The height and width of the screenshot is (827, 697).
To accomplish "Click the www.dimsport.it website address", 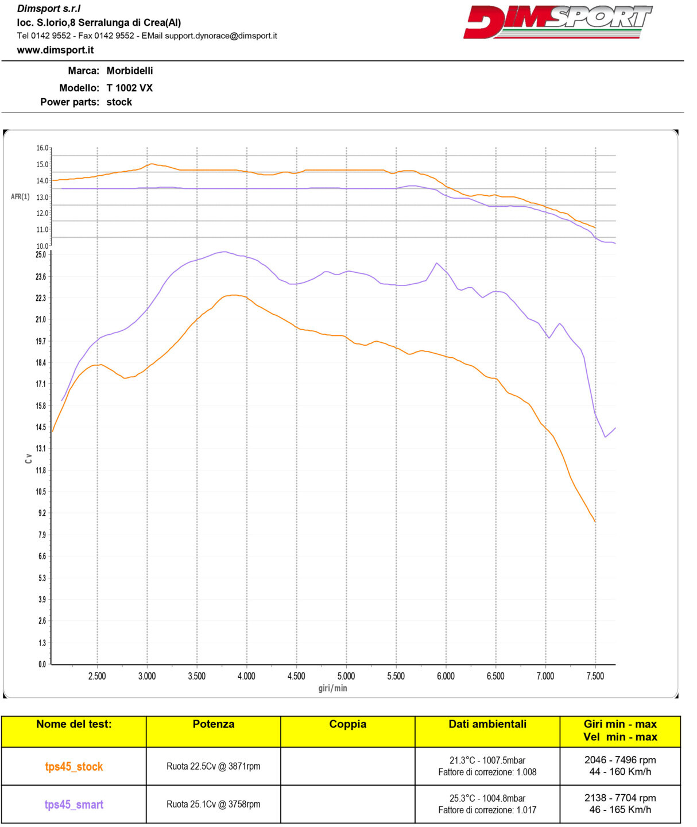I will tap(55, 50).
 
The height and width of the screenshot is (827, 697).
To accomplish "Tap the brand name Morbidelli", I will tap(129, 71).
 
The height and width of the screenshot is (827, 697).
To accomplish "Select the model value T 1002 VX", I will tap(129, 88).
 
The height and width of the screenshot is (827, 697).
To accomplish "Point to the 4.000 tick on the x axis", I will tap(246, 676).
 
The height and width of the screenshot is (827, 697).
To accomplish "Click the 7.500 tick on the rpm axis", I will tap(595, 676).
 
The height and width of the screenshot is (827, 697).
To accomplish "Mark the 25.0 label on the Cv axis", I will tap(41, 254).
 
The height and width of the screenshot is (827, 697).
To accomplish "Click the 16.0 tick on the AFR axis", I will tap(42, 148).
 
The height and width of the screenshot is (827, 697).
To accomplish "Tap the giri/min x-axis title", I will tap(332, 688).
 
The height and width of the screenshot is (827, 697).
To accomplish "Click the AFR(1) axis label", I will tap(20, 197).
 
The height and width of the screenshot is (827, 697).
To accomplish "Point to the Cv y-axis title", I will tap(28, 458).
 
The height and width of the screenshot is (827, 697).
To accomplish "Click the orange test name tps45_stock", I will tap(74, 767).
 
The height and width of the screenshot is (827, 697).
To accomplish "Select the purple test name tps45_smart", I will tap(74, 805).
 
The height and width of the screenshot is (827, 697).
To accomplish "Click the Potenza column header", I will tap(213, 724).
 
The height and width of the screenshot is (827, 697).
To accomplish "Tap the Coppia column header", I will tap(347, 724).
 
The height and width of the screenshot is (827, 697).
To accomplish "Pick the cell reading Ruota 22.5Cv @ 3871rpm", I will tap(213, 766).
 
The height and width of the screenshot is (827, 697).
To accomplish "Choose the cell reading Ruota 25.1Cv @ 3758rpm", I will tap(213, 804).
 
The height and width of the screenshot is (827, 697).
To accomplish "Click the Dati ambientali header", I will tap(487, 724).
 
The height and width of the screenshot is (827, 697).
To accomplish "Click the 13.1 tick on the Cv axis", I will tap(41, 449).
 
